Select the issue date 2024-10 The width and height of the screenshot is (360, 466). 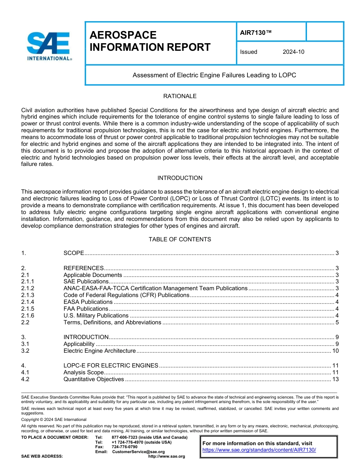[x=293, y=52]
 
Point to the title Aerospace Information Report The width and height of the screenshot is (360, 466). [x=150, y=41]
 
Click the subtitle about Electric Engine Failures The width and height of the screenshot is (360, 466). [x=214, y=75]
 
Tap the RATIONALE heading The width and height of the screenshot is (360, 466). [x=180, y=96]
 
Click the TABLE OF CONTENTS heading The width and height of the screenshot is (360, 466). [x=180, y=239]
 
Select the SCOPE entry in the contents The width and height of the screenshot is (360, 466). [x=74, y=253]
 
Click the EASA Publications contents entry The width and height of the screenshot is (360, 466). [x=88, y=302]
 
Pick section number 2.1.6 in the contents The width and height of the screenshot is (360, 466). [x=28, y=316]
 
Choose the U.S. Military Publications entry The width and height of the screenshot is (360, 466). [x=96, y=316]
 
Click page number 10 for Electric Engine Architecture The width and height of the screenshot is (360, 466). [x=335, y=351]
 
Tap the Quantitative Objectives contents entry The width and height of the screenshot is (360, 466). [x=94, y=379]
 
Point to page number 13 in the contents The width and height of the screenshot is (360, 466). [x=335, y=379]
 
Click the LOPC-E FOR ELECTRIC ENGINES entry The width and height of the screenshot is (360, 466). [x=111, y=366]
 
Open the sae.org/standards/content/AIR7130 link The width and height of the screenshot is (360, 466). [x=259, y=450]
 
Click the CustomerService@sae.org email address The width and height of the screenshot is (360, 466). [x=138, y=452]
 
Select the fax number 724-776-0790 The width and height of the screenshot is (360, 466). [x=124, y=447]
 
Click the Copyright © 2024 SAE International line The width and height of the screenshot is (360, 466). [x=54, y=419]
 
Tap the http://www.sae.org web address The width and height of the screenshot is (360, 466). [x=166, y=456]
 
